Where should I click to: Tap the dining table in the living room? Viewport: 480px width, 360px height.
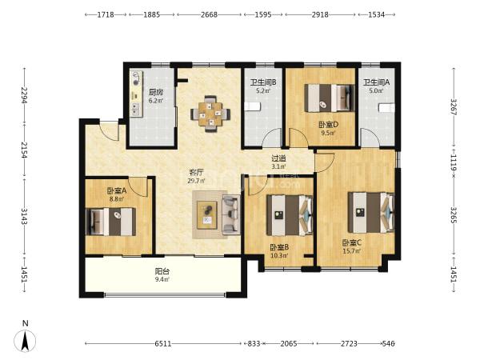(210, 114)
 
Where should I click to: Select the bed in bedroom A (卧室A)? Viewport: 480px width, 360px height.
(111, 222)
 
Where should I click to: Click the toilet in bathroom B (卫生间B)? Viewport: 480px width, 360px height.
(253, 107)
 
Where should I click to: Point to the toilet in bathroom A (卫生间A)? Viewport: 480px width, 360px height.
(386, 108)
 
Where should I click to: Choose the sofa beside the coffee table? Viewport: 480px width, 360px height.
(231, 214)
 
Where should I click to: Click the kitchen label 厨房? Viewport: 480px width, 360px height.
(155, 92)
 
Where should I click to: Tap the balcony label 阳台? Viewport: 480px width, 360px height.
(162, 271)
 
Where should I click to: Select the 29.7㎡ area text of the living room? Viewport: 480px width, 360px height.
(196, 181)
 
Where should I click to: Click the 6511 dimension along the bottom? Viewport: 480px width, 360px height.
(163, 343)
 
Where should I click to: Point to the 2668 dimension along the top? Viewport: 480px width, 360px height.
(209, 14)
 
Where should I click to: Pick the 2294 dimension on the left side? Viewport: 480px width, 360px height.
(25, 95)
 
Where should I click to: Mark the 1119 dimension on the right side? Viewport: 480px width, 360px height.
(454, 163)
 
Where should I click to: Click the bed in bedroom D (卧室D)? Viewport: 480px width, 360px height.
(330, 98)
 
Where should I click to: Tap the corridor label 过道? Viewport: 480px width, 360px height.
(278, 158)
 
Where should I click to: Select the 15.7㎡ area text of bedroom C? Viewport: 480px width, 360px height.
(351, 251)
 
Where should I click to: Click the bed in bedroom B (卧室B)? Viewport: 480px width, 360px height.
(290, 215)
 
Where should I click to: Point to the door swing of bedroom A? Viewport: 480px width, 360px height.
(138, 188)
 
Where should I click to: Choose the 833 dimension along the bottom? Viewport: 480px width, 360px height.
(254, 343)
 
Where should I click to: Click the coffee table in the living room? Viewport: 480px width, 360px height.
(207, 214)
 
